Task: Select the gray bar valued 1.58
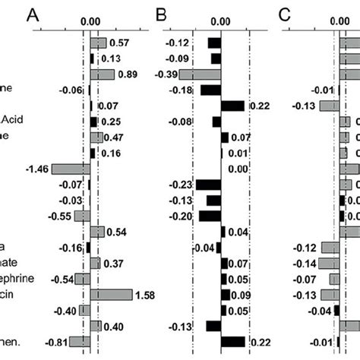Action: [x=111, y=294]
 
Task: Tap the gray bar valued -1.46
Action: [x=71, y=169]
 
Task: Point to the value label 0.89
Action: [x=127, y=74]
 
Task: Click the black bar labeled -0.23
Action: [x=208, y=185]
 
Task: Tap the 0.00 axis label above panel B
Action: [x=221, y=22]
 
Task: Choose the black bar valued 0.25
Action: [x=94, y=122]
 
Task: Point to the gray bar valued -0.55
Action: [x=82, y=216]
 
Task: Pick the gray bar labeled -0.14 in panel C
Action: [x=329, y=263]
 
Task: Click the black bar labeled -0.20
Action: [x=210, y=216]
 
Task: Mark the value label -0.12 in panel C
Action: [x=306, y=248]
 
